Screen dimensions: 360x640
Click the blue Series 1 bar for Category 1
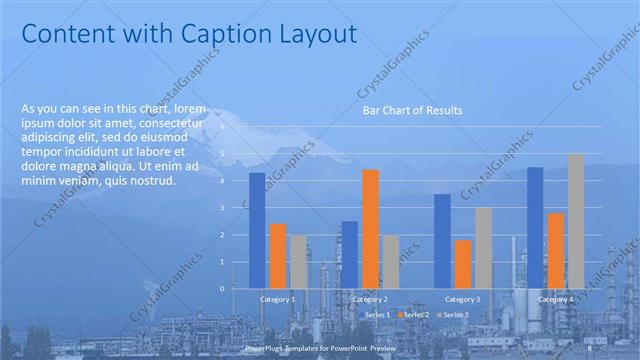(257, 230)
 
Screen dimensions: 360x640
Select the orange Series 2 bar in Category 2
(370, 228)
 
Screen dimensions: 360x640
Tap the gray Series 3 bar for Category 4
(576, 221)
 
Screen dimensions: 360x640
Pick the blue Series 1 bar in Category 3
(442, 241)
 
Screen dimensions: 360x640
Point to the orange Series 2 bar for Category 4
(555, 250)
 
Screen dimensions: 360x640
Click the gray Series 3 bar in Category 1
(298, 261)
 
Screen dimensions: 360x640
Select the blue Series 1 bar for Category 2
(349, 254)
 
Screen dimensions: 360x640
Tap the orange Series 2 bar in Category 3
(463, 264)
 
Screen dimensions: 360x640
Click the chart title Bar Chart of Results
(412, 111)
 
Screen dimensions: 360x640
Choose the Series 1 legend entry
(376, 315)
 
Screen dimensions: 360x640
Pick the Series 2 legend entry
(415, 315)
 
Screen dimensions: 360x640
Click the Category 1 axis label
(277, 299)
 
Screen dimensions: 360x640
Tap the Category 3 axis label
(462, 299)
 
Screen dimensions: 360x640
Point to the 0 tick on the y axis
(224, 288)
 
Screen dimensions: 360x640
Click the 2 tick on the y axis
(224, 235)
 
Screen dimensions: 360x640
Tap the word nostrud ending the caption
(153, 181)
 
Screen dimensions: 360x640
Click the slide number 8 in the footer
(590, 348)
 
